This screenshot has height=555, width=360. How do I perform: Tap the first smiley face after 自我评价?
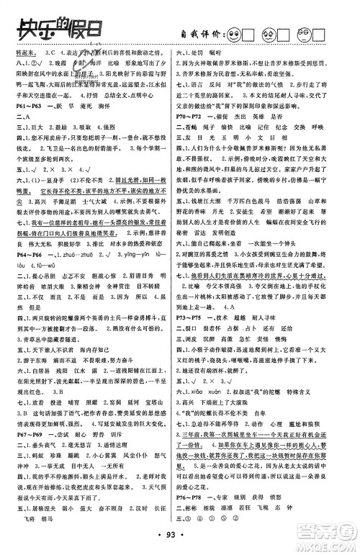point(235,34)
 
